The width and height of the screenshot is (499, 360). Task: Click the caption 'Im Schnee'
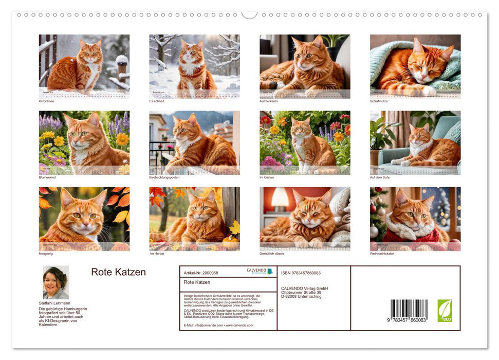(46, 101)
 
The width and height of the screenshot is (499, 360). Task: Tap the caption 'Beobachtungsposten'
(164, 177)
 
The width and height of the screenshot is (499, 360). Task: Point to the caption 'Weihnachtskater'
(382, 254)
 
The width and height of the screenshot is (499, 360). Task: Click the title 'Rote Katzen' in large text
(118, 273)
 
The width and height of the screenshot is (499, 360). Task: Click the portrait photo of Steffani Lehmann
(56, 282)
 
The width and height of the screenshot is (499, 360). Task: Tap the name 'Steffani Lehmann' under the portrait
(54, 303)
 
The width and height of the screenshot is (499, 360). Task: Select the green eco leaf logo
(445, 311)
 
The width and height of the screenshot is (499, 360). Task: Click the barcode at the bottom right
(409, 311)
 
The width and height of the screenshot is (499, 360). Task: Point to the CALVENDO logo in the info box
(260, 271)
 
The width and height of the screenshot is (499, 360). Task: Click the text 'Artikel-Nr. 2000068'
(200, 273)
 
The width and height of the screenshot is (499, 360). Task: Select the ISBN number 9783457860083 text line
(301, 273)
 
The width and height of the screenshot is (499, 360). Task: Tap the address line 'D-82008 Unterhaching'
(302, 297)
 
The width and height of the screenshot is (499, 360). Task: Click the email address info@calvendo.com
(203, 326)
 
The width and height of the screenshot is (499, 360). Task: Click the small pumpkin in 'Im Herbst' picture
(230, 240)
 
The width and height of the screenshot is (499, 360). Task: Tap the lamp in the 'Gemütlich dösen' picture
(280, 197)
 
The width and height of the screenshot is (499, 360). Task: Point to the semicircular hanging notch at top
(249, 14)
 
